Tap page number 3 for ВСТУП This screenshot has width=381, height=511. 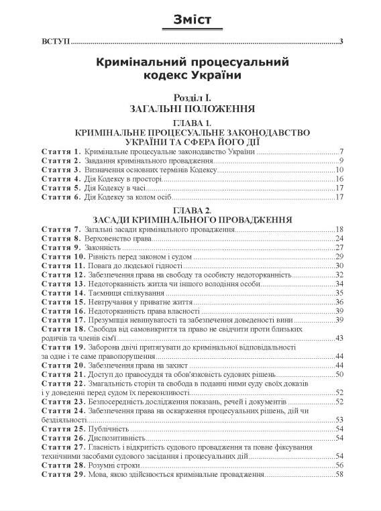[x=341, y=43]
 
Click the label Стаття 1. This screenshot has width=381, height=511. [x=61, y=151]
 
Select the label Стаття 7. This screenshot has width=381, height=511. [x=61, y=229]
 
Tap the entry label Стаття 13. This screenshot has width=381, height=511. [x=63, y=284]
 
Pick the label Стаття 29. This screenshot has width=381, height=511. [x=63, y=475]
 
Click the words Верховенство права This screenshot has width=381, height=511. [x=119, y=238]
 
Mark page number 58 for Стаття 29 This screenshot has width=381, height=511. [x=339, y=475]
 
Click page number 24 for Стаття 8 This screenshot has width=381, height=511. [x=339, y=238]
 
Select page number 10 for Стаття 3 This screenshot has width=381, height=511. [x=339, y=170]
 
